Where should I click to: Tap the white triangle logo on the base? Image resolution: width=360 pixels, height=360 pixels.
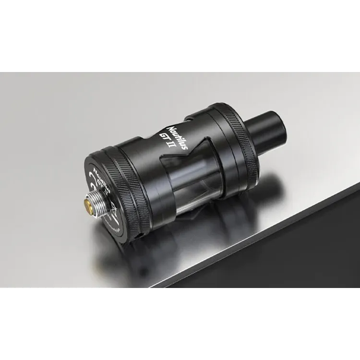(x=113, y=210)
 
